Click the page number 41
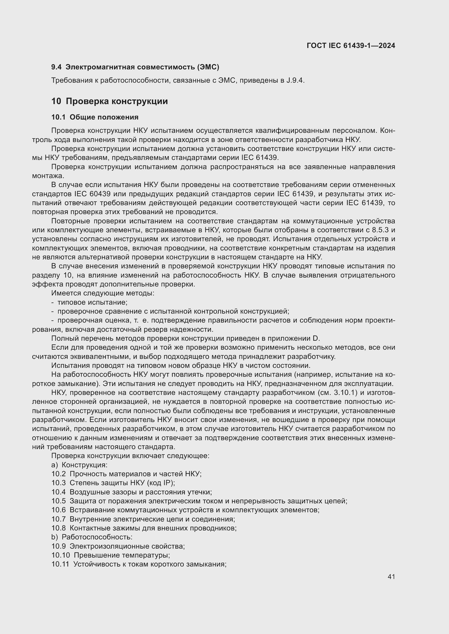(391, 577)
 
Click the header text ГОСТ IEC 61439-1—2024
(351, 46)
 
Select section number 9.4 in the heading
(56, 67)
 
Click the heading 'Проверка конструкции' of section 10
(117, 101)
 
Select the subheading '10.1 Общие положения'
(95, 117)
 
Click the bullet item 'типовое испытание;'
(92, 302)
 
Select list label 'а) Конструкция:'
(79, 465)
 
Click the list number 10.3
(58, 483)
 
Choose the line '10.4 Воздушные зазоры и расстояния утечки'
(132, 492)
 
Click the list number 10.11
(60, 564)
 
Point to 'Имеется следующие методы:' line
(103, 293)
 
